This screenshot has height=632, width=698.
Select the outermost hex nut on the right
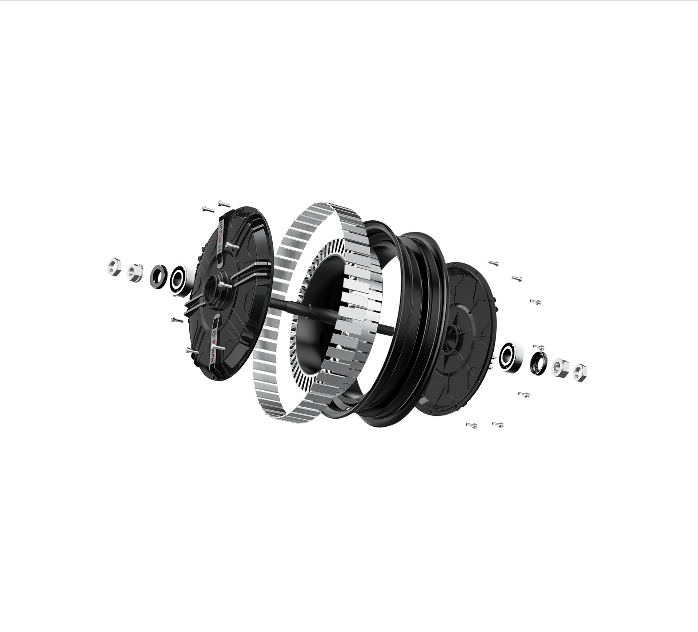tap(580, 372)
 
